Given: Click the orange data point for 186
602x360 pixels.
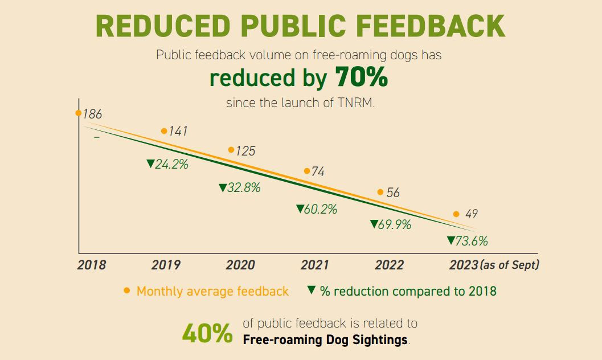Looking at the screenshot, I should tap(79, 113).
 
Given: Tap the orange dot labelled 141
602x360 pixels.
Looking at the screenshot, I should tap(164, 131).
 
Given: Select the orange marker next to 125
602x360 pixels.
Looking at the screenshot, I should tap(231, 150).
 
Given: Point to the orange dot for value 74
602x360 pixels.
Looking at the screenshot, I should tap(306, 171).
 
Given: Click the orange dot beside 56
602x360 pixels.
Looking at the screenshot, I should tap(380, 192).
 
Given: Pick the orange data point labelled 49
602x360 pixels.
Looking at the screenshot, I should tap(456, 214).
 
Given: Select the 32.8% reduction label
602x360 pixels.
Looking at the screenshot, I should tap(240, 188).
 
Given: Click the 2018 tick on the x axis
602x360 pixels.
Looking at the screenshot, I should tap(92, 265).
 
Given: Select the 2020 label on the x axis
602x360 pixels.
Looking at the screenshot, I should tap(240, 265).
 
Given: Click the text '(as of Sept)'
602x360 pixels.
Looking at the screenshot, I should tap(510, 265).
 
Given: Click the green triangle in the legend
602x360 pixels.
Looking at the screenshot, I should tap(311, 289).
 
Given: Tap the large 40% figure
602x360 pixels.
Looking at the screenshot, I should tap(207, 334).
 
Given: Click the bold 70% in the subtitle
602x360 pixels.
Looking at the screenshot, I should tap(361, 77).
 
